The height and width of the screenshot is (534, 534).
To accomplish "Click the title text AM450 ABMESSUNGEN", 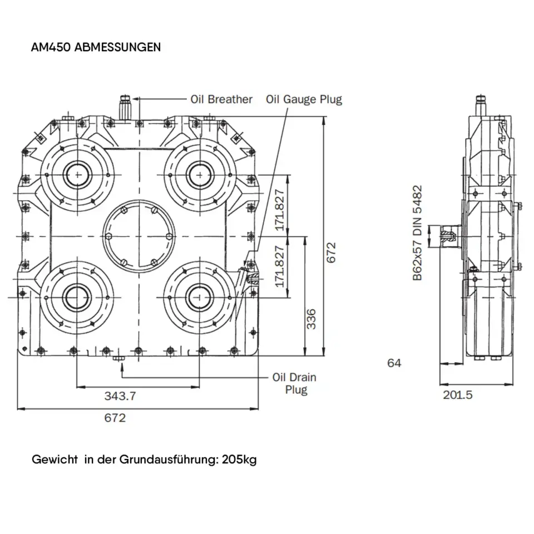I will [96, 47].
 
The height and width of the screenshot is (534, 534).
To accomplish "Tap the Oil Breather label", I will [221, 100].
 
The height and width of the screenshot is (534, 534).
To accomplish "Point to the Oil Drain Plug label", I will [294, 383].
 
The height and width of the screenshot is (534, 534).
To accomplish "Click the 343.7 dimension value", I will [120, 396].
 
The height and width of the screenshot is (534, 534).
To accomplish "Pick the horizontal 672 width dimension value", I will [115, 418].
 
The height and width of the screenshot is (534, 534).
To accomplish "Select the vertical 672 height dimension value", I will [332, 253].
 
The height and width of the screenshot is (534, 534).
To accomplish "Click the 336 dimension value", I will [311, 319].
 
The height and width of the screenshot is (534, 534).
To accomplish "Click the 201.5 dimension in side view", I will [458, 395].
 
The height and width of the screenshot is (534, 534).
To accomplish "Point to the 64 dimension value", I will [394, 363].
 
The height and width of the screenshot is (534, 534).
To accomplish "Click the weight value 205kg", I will [239, 460].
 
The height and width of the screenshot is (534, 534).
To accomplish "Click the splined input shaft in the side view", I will [448, 236].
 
